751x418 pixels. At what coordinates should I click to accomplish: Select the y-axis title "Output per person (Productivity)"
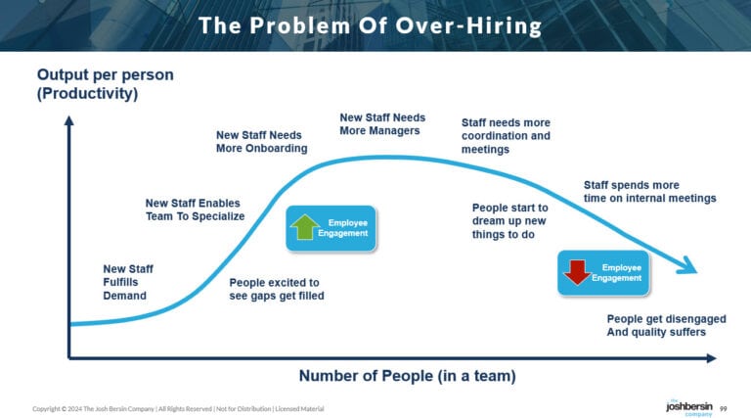[88, 84]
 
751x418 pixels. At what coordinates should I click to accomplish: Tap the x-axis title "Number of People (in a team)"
[407, 375]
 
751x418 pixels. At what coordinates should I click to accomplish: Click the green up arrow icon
[304, 228]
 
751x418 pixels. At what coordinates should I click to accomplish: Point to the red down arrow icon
[577, 272]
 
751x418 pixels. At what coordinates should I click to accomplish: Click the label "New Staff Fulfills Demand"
[127, 282]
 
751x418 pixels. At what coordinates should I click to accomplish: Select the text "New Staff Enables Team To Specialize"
[194, 209]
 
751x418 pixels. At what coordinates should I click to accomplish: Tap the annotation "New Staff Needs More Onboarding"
[261, 141]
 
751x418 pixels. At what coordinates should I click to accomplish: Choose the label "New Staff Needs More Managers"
[382, 124]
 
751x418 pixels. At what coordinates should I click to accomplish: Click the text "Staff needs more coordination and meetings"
[506, 136]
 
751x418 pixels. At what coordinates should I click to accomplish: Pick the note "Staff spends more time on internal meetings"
[649, 191]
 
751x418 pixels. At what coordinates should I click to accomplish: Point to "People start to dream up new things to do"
[510, 221]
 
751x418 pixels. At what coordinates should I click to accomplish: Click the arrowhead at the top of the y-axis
[68, 121]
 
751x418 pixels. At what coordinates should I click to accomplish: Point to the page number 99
[724, 407]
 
